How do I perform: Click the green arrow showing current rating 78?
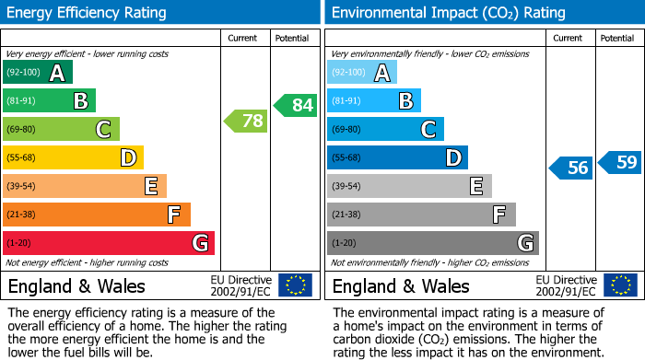[245, 121]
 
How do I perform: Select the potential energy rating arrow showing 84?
[295, 105]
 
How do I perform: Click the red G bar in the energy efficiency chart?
[108, 243]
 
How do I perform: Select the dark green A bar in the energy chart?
[37, 73]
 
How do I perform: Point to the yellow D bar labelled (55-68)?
[73, 158]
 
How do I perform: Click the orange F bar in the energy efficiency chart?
[96, 215]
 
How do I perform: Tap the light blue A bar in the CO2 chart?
[361, 73]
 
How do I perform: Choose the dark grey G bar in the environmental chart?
[432, 243]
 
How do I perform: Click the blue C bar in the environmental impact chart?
[385, 130]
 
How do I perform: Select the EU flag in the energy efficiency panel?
[295, 285]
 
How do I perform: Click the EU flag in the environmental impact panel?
[619, 285]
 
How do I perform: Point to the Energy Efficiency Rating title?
[88, 13]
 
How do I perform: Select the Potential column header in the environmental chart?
[617, 38]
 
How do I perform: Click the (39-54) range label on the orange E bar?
[21, 187]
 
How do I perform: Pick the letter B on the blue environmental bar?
[405, 101]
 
